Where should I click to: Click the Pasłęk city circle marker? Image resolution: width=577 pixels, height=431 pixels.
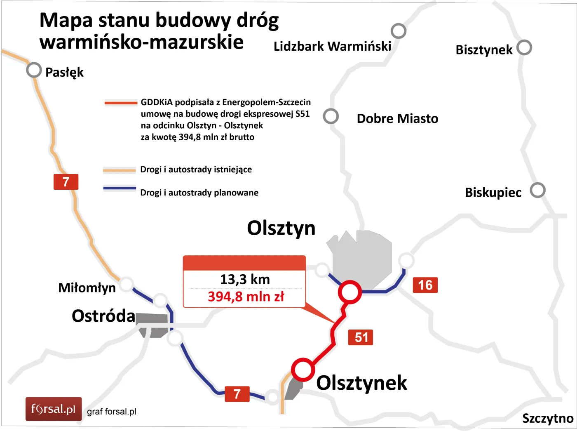(34, 70)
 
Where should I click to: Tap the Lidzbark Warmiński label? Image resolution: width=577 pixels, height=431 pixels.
(332, 46)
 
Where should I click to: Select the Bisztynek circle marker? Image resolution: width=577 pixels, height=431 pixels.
(524, 47)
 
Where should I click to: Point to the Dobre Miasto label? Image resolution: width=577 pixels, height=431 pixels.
(397, 119)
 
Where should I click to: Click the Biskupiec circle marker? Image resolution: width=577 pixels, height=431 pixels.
(537, 190)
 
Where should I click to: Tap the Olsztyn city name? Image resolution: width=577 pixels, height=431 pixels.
(281, 228)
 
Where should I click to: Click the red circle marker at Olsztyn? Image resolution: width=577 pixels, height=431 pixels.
(349, 292)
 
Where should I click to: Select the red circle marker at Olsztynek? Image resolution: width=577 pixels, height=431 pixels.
(303, 369)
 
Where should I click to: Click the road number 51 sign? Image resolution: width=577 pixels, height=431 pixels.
(361, 337)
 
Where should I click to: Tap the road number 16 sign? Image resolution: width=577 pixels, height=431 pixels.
(425, 285)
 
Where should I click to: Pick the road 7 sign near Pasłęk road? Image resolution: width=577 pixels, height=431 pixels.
(66, 182)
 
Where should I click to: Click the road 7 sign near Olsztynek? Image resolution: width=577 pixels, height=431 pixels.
(237, 394)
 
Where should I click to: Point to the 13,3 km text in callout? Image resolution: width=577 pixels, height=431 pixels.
(245, 279)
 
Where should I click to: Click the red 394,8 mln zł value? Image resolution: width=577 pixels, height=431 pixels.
(246, 297)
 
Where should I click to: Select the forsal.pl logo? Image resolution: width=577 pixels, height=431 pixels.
(54, 409)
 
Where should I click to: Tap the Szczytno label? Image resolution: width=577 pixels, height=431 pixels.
(547, 419)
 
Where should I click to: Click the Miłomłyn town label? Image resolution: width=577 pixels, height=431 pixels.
(87, 287)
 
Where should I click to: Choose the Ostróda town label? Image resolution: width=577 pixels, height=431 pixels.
(103, 316)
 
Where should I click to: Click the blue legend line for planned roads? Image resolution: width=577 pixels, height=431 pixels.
(120, 188)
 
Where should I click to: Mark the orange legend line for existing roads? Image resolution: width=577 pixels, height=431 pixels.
(119, 170)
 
